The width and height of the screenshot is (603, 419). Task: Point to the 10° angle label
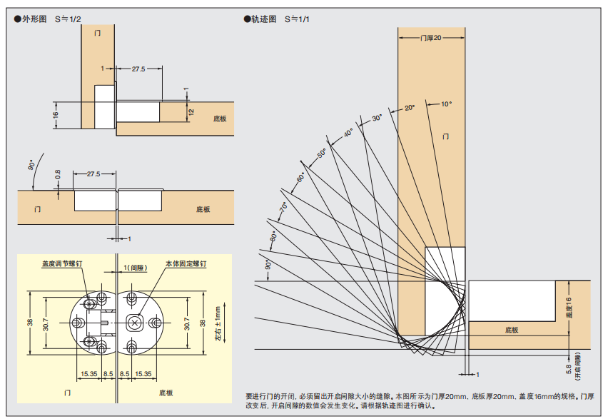[446, 104]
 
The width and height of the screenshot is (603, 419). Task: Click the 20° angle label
[409, 108]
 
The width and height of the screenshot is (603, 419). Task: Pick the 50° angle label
[321, 153]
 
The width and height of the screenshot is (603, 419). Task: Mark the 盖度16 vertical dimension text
[569, 308]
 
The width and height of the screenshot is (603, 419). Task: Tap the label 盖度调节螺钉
[62, 263]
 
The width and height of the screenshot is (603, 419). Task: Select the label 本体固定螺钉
[186, 263]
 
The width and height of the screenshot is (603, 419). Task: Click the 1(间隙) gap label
[134, 268]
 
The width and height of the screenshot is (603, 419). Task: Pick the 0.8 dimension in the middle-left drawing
[59, 174]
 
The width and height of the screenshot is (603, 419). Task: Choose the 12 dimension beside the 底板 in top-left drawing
[191, 111]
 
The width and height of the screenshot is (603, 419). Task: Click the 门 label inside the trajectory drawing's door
[446, 136]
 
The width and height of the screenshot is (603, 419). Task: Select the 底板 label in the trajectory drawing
[511, 330]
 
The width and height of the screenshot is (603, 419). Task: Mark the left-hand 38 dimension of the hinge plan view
[29, 323]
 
